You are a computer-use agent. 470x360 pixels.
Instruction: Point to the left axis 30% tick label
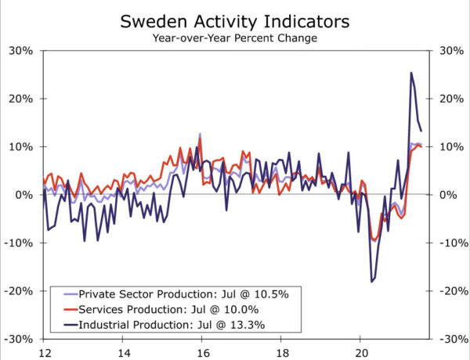click(x=20, y=51)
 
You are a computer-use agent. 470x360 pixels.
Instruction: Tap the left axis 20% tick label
click(x=20, y=99)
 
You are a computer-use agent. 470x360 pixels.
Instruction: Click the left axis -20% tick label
click(x=19, y=290)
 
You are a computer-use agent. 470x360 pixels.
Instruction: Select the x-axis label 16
click(x=201, y=351)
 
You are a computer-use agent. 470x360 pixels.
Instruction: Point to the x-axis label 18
click(x=280, y=351)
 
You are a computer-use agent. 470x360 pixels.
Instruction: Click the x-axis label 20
click(x=360, y=351)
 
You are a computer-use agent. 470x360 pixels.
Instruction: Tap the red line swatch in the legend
click(x=68, y=309)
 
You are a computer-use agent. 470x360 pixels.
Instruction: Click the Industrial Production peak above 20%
click(x=411, y=74)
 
